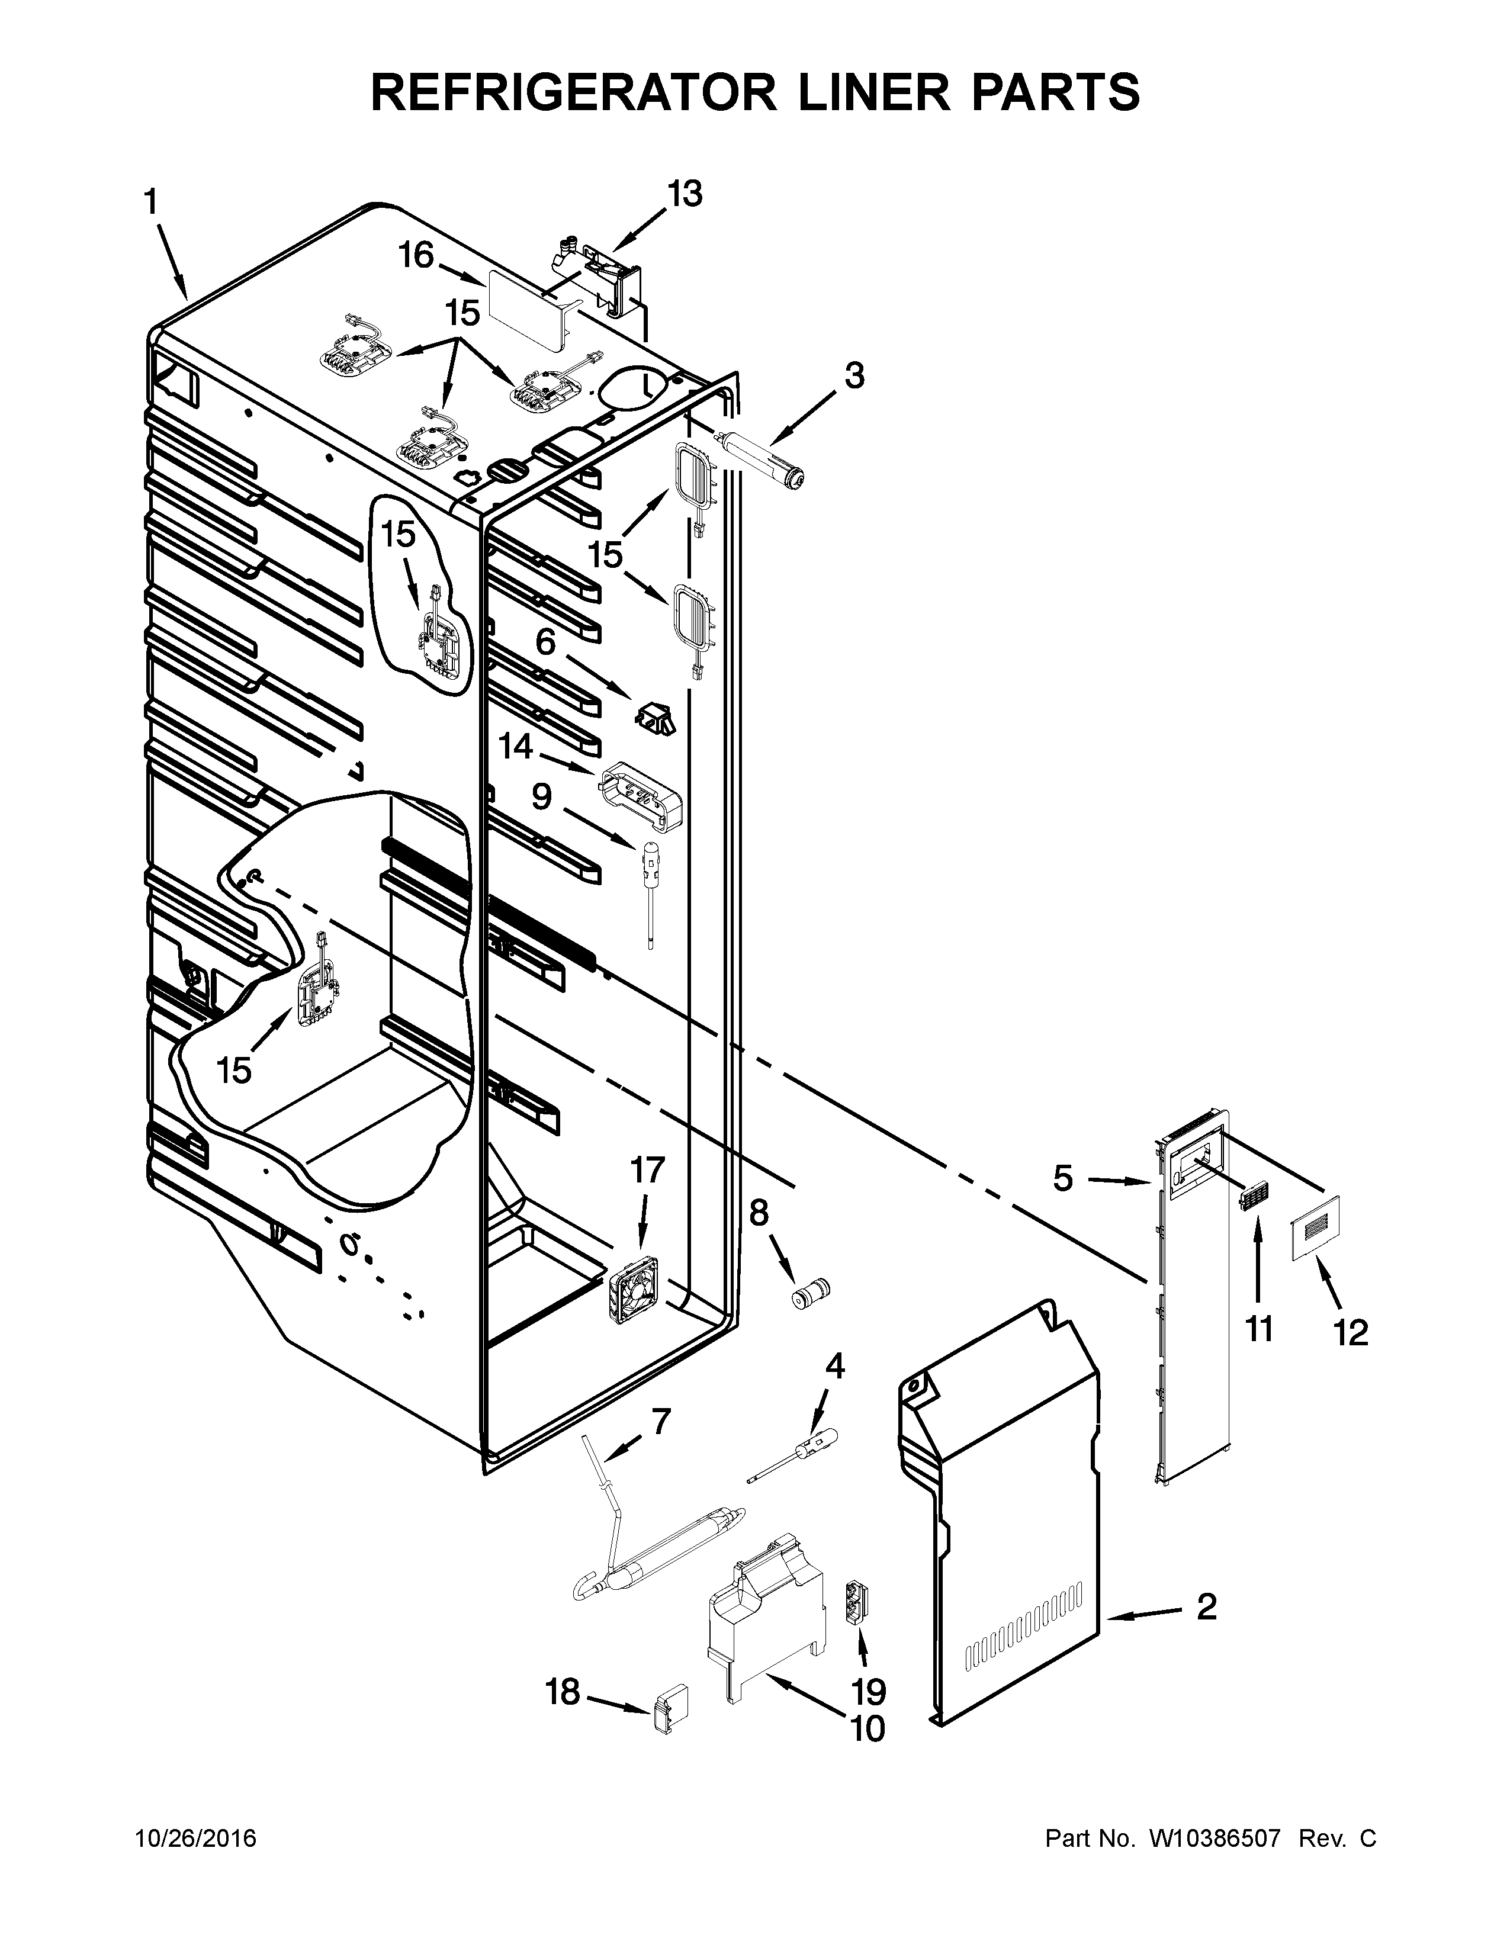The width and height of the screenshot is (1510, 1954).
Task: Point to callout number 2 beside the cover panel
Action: [1207, 1608]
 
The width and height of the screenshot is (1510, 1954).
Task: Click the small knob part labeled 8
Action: [809, 1296]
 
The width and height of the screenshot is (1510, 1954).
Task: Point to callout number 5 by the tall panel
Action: [1063, 1178]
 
